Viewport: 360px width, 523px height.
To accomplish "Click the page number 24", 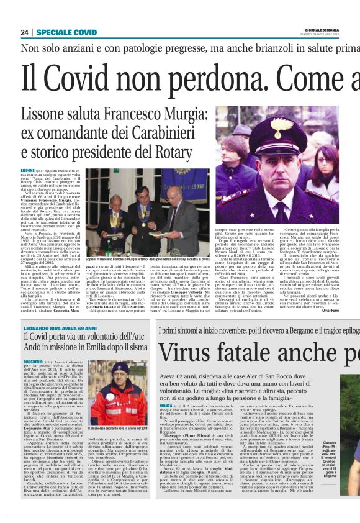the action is pyautogui.click(x=25, y=32).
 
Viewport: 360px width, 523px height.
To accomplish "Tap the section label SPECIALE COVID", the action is pyautogui.click(x=66, y=32).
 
